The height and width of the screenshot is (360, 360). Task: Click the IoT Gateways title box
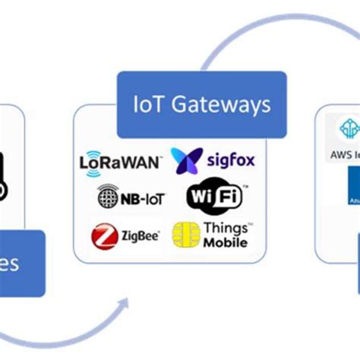point(201,104)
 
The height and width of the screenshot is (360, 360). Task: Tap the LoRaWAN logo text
point(120,162)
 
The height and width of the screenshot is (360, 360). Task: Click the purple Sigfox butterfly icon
point(185,160)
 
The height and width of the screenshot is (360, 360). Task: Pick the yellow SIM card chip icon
point(186,235)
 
